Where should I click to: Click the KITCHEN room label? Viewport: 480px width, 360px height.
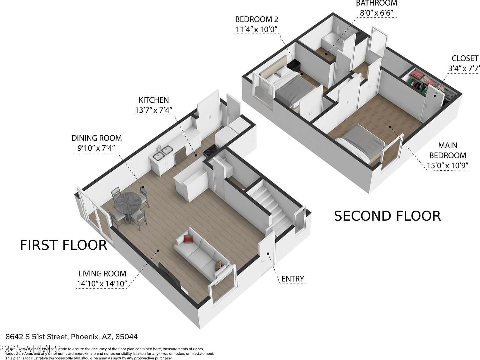click(153, 100)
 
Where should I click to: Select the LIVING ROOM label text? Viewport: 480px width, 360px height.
click(102, 273)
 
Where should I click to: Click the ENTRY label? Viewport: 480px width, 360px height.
click(292, 278)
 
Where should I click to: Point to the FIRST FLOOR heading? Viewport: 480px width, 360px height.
click(63, 245)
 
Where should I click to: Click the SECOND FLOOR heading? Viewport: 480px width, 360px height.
click(387, 216)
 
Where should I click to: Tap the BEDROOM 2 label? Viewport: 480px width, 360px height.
click(257, 19)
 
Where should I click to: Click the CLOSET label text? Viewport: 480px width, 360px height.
click(465, 58)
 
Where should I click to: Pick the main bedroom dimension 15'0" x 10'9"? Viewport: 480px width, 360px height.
click(447, 165)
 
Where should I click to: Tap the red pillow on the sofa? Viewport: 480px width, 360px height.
click(188, 239)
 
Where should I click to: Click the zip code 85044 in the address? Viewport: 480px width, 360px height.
click(127, 337)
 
